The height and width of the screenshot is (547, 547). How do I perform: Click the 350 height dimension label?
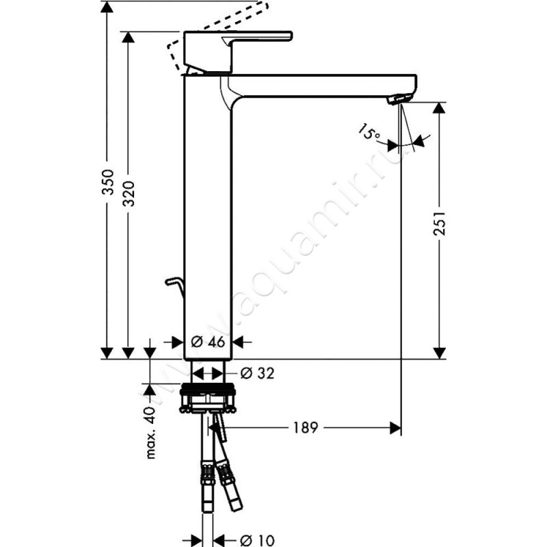click(108, 182)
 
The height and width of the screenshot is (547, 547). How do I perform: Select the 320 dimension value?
click(129, 194)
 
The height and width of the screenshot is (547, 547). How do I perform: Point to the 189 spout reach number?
click(305, 427)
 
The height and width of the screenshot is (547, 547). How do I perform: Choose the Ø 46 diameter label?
click(208, 342)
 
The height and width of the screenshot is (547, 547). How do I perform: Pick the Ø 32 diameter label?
click(258, 373)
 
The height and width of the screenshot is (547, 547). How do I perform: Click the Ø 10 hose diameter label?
click(258, 540)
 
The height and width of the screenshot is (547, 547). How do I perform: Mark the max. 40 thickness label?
click(150, 433)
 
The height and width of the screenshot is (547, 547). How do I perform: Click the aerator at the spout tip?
click(400, 98)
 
